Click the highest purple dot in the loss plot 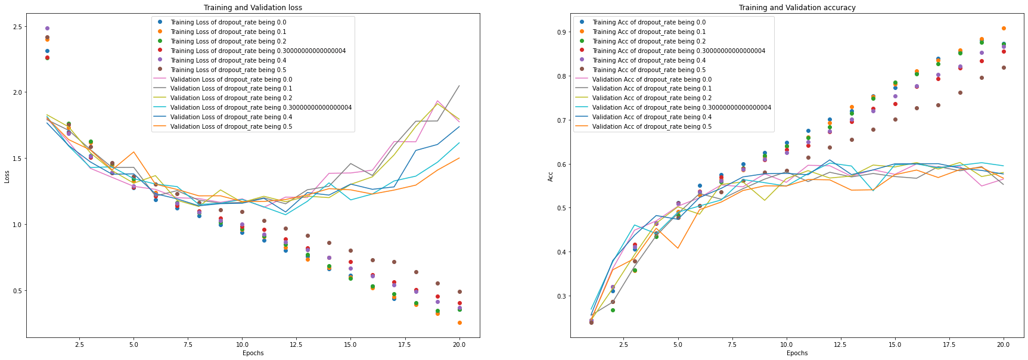(47, 29)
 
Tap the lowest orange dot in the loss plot (459, 323)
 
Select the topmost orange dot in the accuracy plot (1004, 29)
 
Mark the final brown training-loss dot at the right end (459, 292)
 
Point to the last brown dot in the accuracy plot (1004, 68)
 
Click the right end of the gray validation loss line (459, 86)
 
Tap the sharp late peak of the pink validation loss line (437, 101)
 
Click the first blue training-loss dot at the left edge (47, 51)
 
